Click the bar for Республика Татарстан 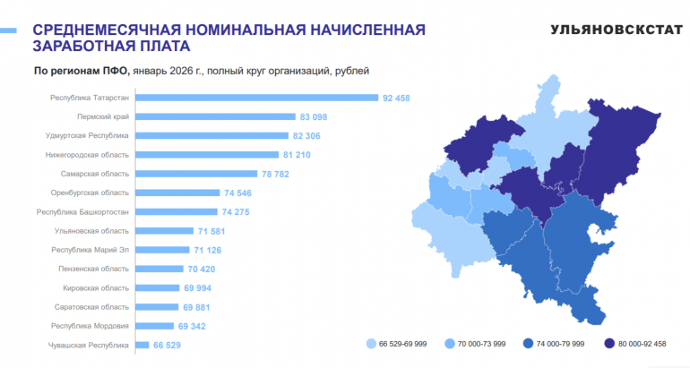tap(256, 98)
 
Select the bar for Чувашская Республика tap(142, 345)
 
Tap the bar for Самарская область tap(196, 174)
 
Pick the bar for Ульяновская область tap(165, 231)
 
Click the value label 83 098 tap(314, 117)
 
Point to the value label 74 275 tap(236, 212)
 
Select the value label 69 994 tap(197, 288)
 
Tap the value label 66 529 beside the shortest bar tap(167, 345)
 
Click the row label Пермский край tap(103, 116)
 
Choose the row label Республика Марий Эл tap(91, 250)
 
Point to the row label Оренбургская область tap(90, 193)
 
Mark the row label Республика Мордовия tap(91, 326)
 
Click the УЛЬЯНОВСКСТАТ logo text tap(617, 30)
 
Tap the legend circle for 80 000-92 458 tap(609, 344)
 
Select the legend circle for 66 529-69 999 tap(371, 344)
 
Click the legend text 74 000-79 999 tap(560, 344)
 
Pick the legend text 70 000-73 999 tap(481, 344)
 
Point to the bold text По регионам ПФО tap(82, 71)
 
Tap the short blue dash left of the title tap(8, 30)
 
